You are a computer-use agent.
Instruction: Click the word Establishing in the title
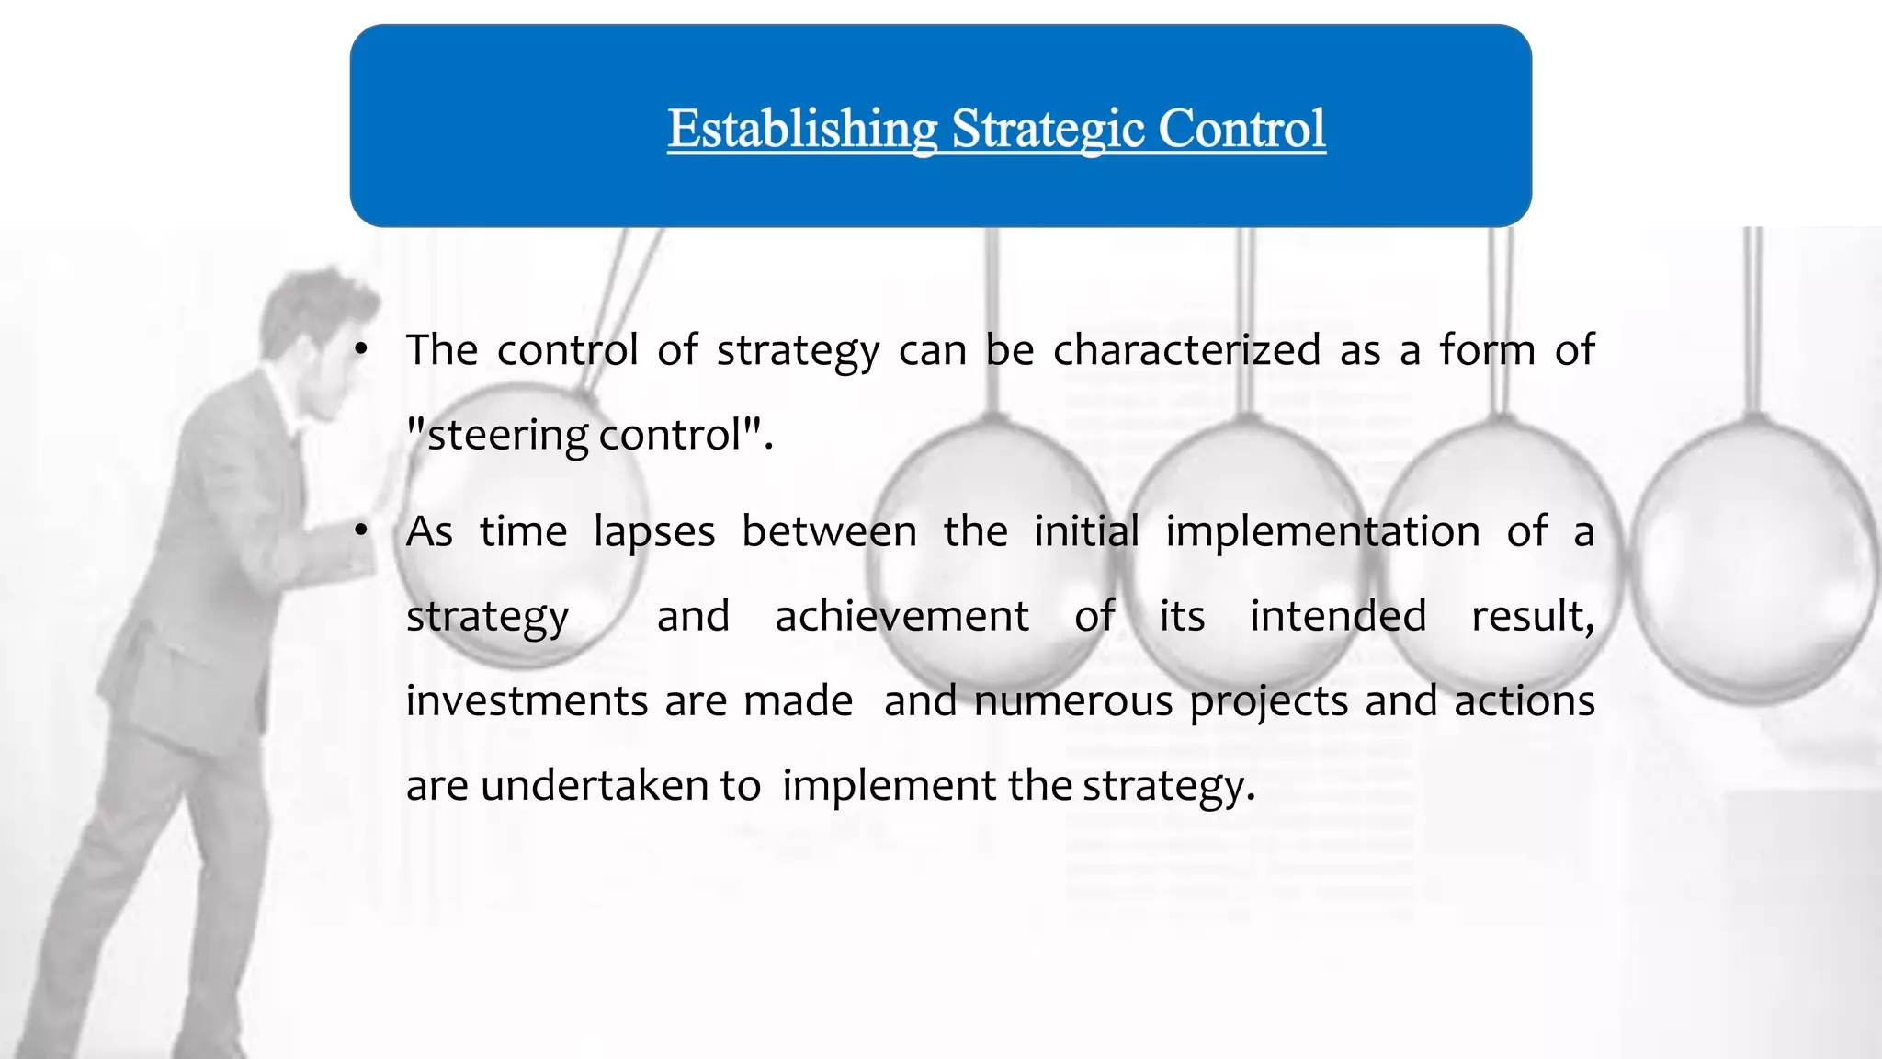pyautogui.click(x=801, y=129)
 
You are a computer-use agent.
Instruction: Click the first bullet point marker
pyautogui.click(x=361, y=350)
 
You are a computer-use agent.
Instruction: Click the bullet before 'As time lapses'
pyautogui.click(x=361, y=531)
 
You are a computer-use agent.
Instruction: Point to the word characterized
pyautogui.click(x=1186, y=350)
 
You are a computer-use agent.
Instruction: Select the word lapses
pyautogui.click(x=654, y=532)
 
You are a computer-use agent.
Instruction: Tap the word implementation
pyautogui.click(x=1322, y=532)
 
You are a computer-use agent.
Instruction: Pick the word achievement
pyautogui.click(x=901, y=616)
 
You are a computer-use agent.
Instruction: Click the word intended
pyautogui.click(x=1338, y=616)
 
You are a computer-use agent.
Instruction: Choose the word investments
pyautogui.click(x=528, y=700)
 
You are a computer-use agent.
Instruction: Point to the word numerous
pyautogui.click(x=1073, y=700)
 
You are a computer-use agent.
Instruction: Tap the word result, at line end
pyautogui.click(x=1532, y=616)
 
